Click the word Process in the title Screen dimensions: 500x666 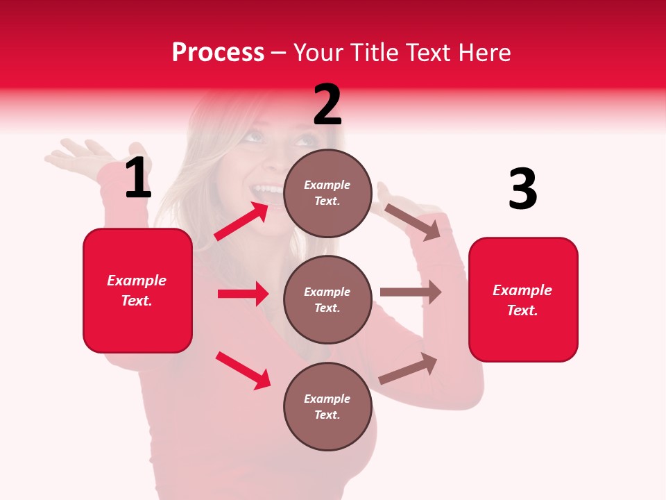pyautogui.click(x=218, y=53)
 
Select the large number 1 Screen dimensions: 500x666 pyautogui.click(x=138, y=178)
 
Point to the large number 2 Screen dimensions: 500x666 pyautogui.click(x=327, y=105)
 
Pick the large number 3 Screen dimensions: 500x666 pyautogui.click(x=522, y=190)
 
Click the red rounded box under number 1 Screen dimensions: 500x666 pyautogui.click(x=137, y=290)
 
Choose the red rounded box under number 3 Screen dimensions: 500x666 pyautogui.click(x=523, y=299)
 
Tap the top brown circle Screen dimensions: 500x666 pyautogui.click(x=327, y=193)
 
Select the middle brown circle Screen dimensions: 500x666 pyautogui.click(x=327, y=299)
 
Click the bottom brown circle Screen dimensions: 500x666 pyautogui.click(x=327, y=406)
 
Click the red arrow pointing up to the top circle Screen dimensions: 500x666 pyautogui.click(x=241, y=221)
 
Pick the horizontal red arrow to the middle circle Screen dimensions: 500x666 pyautogui.click(x=243, y=294)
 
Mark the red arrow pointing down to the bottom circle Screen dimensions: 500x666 pyautogui.click(x=243, y=370)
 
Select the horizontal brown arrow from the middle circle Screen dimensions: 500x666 pyautogui.click(x=411, y=292)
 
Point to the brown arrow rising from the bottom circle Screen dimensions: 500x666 pyautogui.click(x=408, y=369)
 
